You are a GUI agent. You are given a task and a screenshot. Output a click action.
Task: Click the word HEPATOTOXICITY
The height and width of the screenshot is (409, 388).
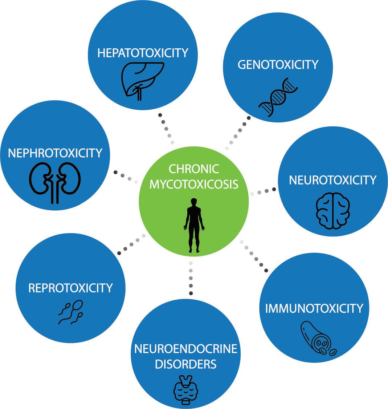click(x=143, y=53)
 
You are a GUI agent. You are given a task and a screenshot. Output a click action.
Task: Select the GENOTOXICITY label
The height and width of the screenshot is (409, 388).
click(x=278, y=65)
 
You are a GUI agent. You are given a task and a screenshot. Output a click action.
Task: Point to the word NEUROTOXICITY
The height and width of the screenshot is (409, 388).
click(x=333, y=180)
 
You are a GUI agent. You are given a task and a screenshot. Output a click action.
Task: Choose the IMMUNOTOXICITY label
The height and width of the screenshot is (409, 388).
click(x=314, y=308)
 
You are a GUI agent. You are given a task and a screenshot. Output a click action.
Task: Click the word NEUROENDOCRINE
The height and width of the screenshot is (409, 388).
click(x=186, y=349)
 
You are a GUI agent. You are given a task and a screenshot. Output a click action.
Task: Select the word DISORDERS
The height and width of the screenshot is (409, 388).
click(x=186, y=364)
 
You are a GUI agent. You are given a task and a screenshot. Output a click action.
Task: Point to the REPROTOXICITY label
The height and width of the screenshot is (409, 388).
click(x=70, y=288)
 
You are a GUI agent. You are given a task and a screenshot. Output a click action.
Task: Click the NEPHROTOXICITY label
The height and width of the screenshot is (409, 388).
click(x=55, y=153)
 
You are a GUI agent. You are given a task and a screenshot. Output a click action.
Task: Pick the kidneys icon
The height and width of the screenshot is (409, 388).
click(x=55, y=182)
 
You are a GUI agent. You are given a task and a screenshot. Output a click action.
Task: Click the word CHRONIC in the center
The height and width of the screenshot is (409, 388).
click(x=194, y=169)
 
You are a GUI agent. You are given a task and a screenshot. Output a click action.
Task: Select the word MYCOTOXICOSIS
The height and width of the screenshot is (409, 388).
click(x=194, y=184)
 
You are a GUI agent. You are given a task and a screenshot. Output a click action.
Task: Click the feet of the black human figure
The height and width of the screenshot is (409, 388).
click(x=194, y=250)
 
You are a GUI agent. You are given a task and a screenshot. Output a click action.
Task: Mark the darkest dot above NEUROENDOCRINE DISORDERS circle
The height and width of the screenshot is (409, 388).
click(x=191, y=293)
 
